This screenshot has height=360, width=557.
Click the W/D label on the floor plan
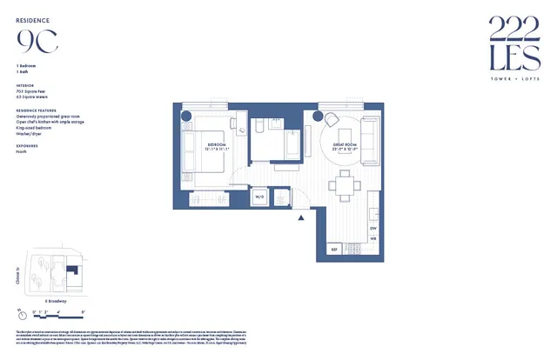point(258,197)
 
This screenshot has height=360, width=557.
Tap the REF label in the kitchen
point(332,250)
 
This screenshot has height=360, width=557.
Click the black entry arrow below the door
point(301,218)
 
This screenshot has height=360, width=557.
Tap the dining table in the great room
point(346,184)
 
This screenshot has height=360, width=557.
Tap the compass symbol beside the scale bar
point(20,311)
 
